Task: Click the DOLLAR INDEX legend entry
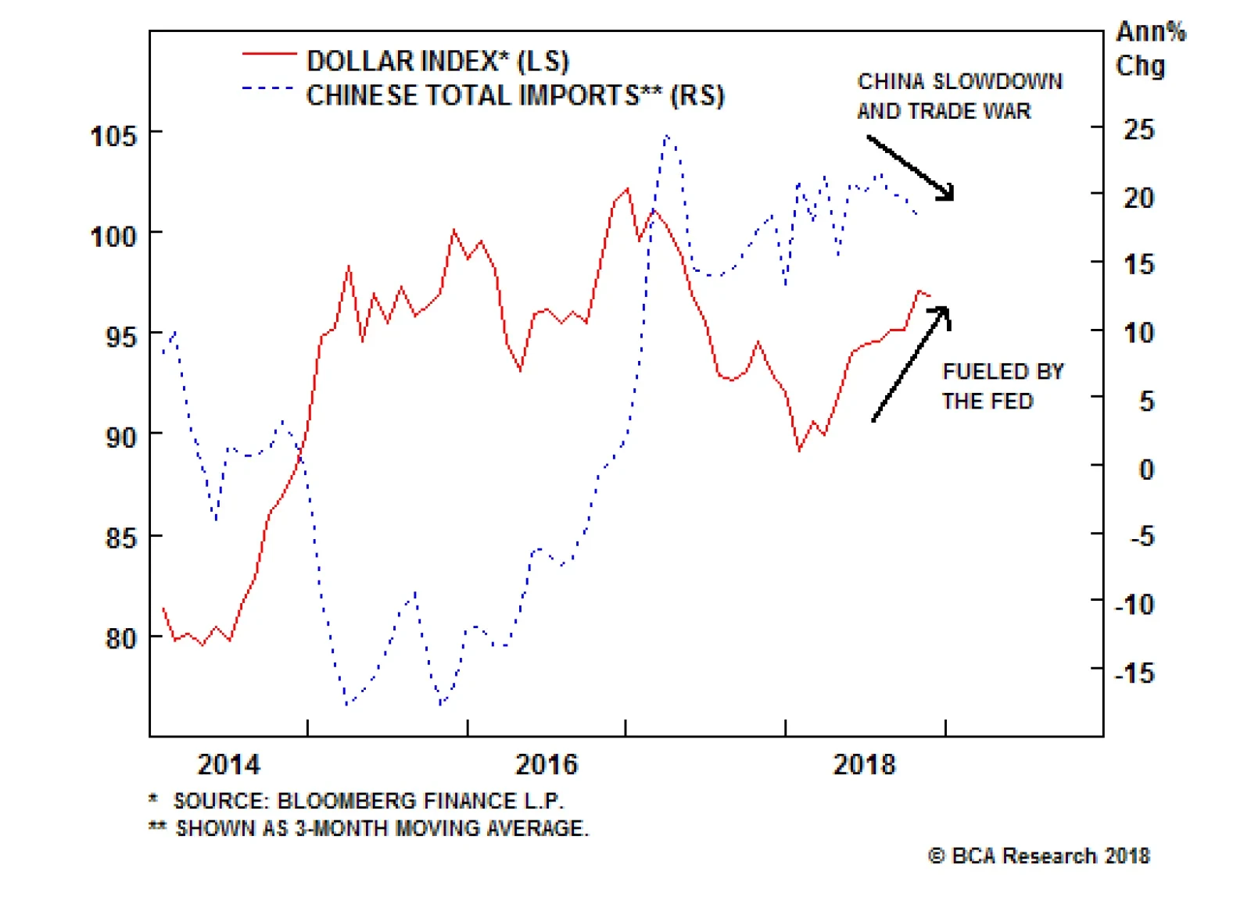click(437, 61)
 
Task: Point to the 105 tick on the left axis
click(114, 136)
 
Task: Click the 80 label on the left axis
click(121, 638)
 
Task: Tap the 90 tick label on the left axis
click(121, 437)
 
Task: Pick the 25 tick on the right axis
click(1138, 129)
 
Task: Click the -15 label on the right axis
click(1135, 673)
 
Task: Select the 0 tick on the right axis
click(1145, 469)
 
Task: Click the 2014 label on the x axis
click(228, 764)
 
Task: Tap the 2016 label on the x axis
click(546, 764)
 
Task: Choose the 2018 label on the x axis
click(864, 764)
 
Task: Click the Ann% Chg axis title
click(1149, 48)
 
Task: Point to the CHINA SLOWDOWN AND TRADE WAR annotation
click(959, 96)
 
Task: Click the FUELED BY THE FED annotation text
click(1002, 386)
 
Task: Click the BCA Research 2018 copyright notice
click(1039, 855)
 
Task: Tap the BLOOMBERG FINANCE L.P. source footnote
click(367, 801)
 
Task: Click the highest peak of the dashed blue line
click(666, 136)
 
